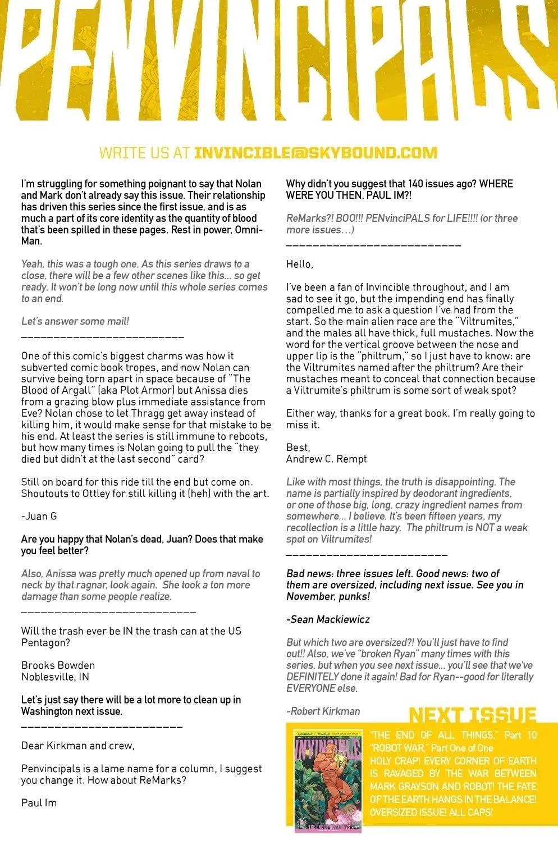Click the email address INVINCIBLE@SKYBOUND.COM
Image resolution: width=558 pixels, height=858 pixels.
pyautogui.click(x=315, y=153)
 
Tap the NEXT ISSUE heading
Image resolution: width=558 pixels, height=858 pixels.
pyautogui.click(x=472, y=715)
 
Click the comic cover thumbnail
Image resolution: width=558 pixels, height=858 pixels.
pyautogui.click(x=327, y=781)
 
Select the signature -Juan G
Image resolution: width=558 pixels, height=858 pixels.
pyautogui.click(x=39, y=516)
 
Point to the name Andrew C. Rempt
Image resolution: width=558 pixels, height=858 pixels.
pyautogui.click(x=326, y=459)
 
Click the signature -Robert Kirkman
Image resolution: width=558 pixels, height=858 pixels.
pyautogui.click(x=323, y=711)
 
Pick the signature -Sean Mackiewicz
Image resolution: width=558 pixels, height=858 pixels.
pyautogui.click(x=328, y=619)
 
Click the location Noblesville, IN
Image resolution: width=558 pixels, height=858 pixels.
pyautogui.click(x=55, y=677)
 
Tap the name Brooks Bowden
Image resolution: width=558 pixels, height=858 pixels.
pyautogui.click(x=58, y=665)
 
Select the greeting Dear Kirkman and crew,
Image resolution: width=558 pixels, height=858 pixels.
pyautogui.click(x=77, y=746)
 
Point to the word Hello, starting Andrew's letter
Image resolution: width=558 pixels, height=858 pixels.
pyautogui.click(x=299, y=264)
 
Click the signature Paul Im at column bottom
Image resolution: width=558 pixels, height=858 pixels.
pyautogui.click(x=39, y=803)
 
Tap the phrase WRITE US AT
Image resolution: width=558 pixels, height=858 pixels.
pyautogui.click(x=144, y=153)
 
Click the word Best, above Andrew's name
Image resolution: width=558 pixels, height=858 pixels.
pyautogui.click(x=298, y=448)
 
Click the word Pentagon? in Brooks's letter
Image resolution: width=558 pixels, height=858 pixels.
pyautogui.click(x=45, y=642)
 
